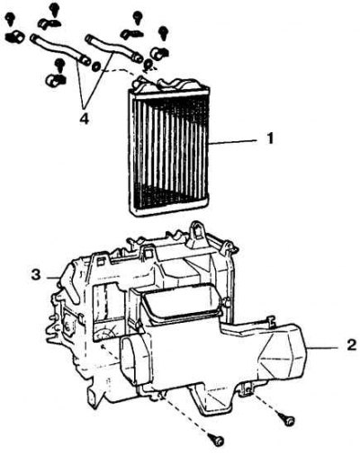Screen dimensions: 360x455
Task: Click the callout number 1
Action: [x=270, y=139]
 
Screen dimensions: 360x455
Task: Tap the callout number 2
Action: [x=352, y=345]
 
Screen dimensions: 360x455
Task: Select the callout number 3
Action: [x=36, y=274]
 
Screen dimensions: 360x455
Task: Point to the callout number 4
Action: [x=85, y=120]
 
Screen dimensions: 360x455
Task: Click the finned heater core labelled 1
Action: [x=169, y=150]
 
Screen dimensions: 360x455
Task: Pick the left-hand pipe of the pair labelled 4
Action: [x=59, y=49]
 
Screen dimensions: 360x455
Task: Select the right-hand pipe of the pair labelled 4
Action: [x=113, y=48]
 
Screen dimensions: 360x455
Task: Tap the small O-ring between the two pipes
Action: [x=96, y=66]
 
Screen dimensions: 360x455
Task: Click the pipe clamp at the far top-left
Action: [x=13, y=36]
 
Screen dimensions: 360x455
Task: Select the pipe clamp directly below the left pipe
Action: [x=56, y=79]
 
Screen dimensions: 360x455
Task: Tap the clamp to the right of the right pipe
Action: [x=160, y=53]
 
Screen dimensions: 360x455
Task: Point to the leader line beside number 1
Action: [x=233, y=142]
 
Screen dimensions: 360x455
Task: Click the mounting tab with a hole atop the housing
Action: [x=197, y=231]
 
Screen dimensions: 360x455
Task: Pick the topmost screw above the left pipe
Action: [x=54, y=9]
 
